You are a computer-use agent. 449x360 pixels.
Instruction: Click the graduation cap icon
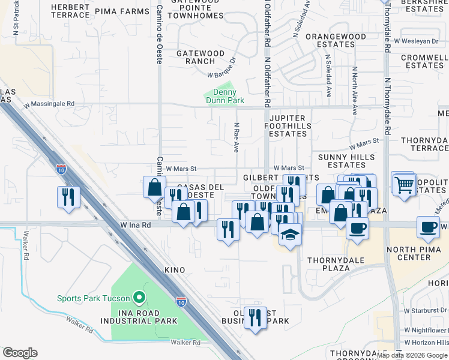tap(290, 234)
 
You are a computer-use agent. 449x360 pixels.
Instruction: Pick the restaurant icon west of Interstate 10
tap(68, 197)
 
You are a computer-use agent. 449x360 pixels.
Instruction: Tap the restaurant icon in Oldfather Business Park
tap(255, 317)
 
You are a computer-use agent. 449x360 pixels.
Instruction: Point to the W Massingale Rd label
tap(49, 104)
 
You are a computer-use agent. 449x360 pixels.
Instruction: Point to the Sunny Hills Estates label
tap(346, 161)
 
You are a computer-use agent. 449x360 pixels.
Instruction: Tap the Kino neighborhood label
tap(171, 271)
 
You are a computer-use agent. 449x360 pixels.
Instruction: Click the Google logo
tap(20, 353)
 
